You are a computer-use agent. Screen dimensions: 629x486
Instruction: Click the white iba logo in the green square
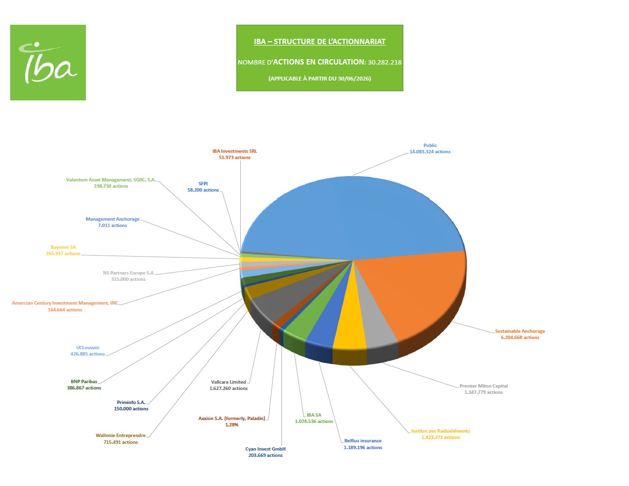[x=48, y=63]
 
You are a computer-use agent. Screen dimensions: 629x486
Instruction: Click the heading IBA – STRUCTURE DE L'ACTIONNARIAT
[x=319, y=42]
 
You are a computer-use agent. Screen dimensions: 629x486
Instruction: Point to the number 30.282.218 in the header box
[x=385, y=62]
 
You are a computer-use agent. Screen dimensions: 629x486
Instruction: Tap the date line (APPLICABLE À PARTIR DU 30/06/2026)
[x=319, y=79]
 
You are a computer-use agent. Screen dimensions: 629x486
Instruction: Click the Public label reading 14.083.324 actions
[x=430, y=148]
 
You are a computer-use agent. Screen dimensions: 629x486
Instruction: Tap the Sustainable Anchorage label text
[x=520, y=334]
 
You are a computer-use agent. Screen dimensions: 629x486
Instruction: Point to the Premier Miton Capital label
[x=483, y=389]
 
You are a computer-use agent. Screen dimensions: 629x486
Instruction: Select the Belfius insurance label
[x=363, y=444]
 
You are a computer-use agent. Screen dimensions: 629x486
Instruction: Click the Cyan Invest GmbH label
[x=265, y=452]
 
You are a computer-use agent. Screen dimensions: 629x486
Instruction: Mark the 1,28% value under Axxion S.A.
[x=232, y=425]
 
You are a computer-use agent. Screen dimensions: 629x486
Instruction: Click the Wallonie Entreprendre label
[x=121, y=439]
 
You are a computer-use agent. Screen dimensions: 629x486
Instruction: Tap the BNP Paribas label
[x=84, y=385]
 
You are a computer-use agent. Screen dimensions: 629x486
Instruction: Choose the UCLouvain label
[x=88, y=351]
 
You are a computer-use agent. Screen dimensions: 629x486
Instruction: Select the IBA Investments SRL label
[x=234, y=154]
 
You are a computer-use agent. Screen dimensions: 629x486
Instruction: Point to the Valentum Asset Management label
[x=111, y=183]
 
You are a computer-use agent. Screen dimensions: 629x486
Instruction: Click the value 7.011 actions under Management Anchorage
[x=112, y=226]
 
